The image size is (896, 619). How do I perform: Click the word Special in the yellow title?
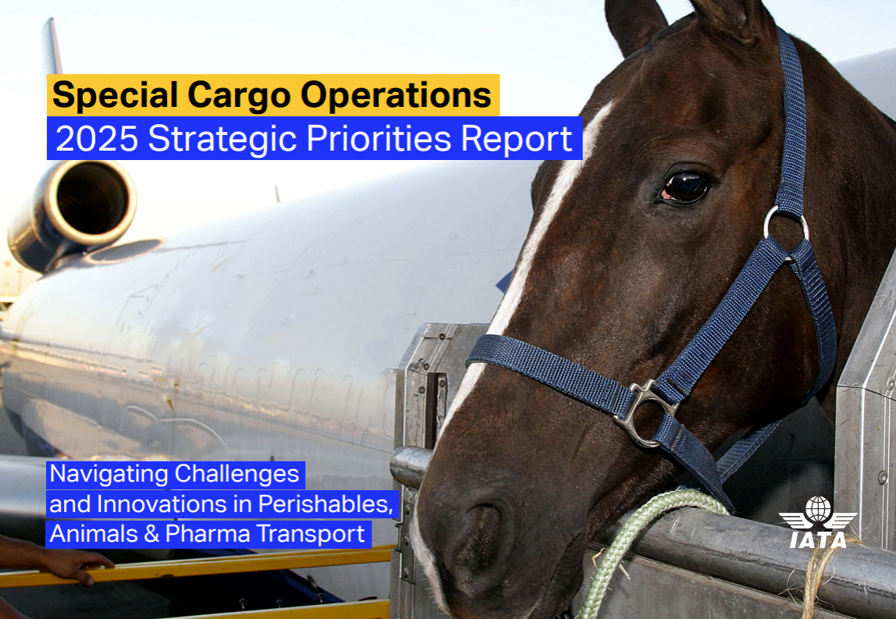point(115,95)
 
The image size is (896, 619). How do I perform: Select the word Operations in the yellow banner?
point(396,95)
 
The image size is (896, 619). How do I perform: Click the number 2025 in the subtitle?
point(97,139)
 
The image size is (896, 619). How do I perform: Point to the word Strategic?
point(222,140)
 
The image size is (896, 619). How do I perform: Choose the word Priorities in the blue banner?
point(379,139)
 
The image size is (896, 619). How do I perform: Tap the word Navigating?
point(108,475)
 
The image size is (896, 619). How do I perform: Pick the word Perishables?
point(325,504)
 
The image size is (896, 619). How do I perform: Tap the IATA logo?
point(818,522)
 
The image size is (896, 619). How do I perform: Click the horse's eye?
point(685,188)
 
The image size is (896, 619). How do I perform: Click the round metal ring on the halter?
point(786,223)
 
